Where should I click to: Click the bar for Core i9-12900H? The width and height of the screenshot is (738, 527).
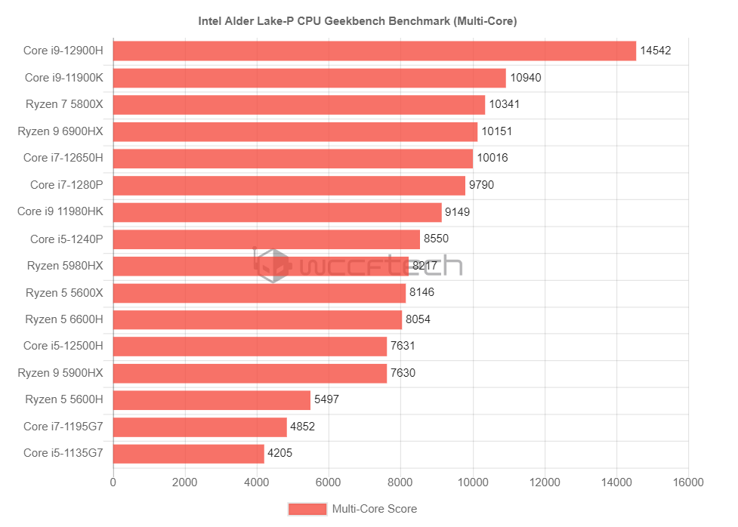tap(375, 51)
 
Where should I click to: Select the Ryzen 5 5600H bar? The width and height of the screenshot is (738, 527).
tap(212, 400)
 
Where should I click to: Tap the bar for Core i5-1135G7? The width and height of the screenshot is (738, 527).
tap(189, 454)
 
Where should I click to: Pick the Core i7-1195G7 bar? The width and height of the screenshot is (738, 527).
tap(200, 427)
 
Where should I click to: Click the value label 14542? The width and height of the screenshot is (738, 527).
tap(656, 51)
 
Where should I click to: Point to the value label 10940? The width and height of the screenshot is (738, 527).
tap(526, 78)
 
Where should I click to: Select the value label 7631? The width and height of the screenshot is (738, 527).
tap(403, 347)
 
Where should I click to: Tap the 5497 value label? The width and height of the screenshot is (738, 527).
tap(326, 400)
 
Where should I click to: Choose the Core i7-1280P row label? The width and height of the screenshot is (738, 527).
tap(66, 185)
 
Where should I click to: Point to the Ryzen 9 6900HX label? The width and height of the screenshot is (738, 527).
tap(60, 131)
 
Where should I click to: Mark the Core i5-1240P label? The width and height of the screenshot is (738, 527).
tap(66, 239)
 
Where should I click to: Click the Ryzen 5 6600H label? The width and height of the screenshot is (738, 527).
tap(64, 319)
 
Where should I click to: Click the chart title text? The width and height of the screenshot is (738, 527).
tap(357, 21)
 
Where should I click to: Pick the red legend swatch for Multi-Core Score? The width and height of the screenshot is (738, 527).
tap(307, 510)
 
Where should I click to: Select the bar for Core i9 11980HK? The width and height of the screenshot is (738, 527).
tap(277, 212)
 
